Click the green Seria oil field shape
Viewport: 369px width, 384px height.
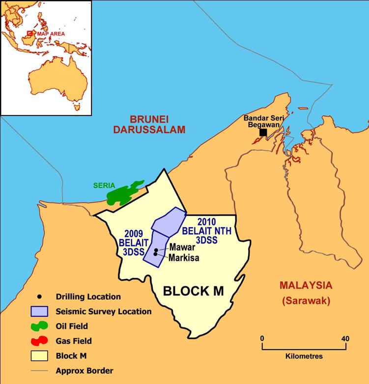[123, 193]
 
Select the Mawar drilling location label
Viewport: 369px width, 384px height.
[179, 248]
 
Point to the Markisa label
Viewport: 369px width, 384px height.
[183, 258]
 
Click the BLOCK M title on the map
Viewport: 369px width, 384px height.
[193, 291]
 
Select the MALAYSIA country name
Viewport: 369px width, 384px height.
[306, 285]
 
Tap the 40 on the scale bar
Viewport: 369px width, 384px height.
[345, 338]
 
